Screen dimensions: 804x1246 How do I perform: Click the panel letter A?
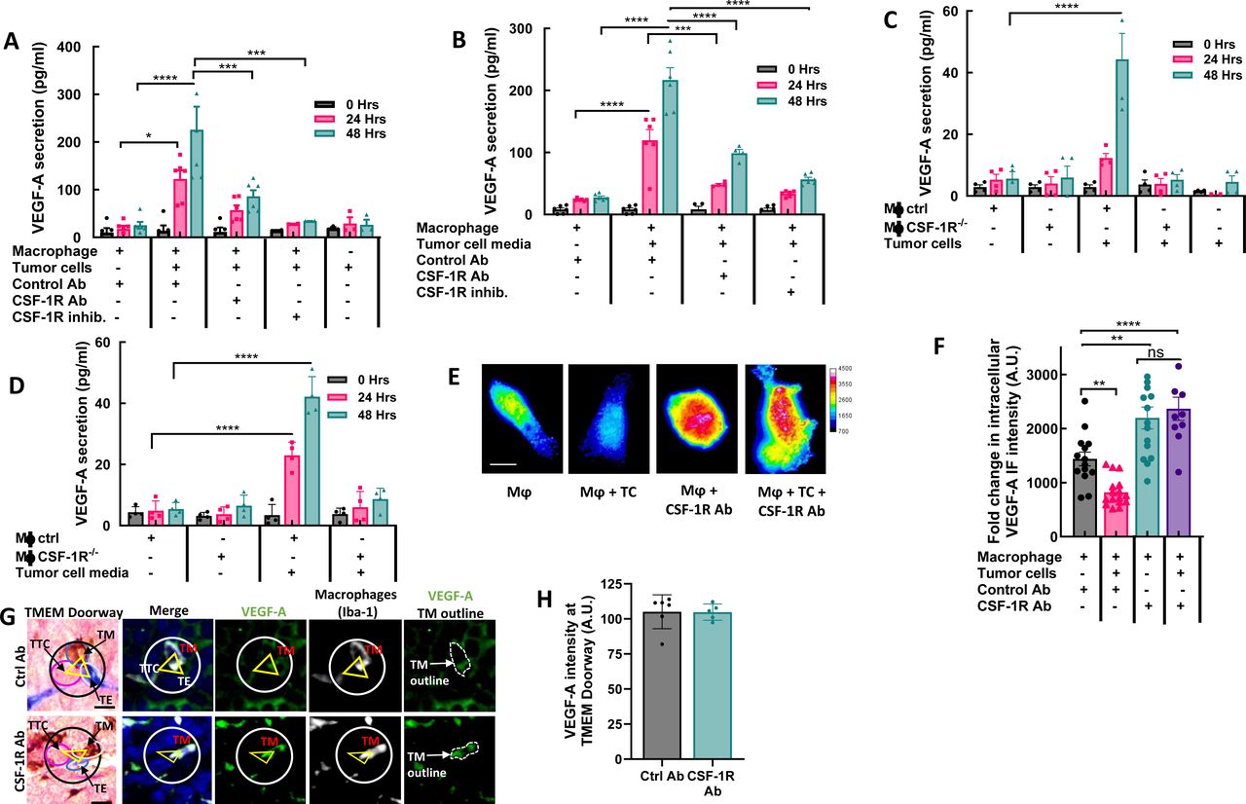(11, 42)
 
